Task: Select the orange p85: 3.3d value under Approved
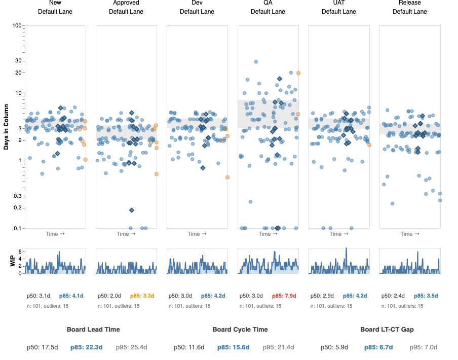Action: pos(142,296)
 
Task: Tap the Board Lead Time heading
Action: pos(93,329)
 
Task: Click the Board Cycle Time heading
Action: pos(240,329)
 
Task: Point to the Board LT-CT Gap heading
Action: pos(387,329)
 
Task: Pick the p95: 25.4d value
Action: pos(131,347)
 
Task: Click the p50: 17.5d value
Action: pos(43,347)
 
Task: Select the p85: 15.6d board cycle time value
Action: pos(233,347)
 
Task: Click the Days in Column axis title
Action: pos(6,127)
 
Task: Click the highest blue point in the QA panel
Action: pos(256,62)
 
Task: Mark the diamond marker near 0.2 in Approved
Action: pos(131,210)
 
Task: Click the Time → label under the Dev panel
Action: pos(197,234)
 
